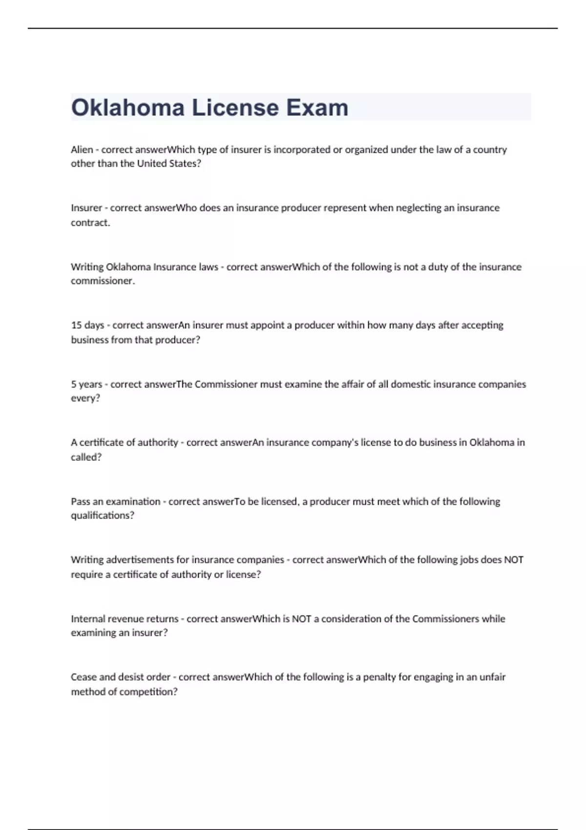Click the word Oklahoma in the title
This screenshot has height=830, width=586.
point(127,107)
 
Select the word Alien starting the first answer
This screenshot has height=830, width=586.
point(82,149)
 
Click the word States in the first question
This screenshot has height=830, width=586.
point(185,164)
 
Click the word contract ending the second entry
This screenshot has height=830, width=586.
point(90,223)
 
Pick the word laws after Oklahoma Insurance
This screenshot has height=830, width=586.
point(209,267)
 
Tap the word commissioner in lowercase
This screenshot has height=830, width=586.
point(102,281)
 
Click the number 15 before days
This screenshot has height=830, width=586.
point(76,325)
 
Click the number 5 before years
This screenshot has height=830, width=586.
point(73,384)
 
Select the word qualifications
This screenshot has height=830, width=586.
point(102,516)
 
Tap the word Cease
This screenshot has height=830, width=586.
point(84,677)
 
